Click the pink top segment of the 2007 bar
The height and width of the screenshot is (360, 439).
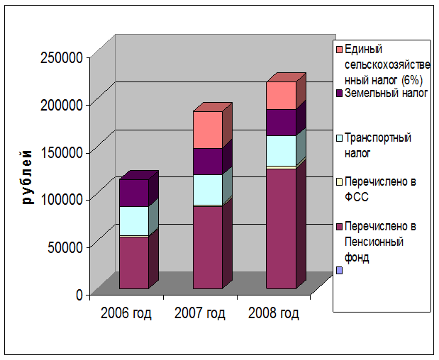[207, 130]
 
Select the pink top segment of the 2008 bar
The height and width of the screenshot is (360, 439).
[281, 95]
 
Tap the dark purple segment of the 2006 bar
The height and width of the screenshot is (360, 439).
[133, 193]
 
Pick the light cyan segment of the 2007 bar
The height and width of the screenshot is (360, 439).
[207, 189]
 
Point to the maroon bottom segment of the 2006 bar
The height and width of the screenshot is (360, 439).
[133, 262]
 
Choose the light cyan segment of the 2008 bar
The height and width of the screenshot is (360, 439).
[281, 150]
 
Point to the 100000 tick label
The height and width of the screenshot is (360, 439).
[63, 199]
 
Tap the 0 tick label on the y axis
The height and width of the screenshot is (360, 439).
[79, 294]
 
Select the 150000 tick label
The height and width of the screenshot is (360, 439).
[63, 152]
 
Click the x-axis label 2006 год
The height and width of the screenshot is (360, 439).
[126, 313]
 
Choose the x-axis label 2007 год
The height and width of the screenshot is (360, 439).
[200, 313]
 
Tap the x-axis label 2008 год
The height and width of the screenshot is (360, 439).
[274, 313]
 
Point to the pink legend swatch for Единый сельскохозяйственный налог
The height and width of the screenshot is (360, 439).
[339, 49]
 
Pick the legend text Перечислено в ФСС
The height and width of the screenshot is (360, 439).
[385, 189]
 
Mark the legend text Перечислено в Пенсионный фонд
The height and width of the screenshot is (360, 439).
[384, 242]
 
